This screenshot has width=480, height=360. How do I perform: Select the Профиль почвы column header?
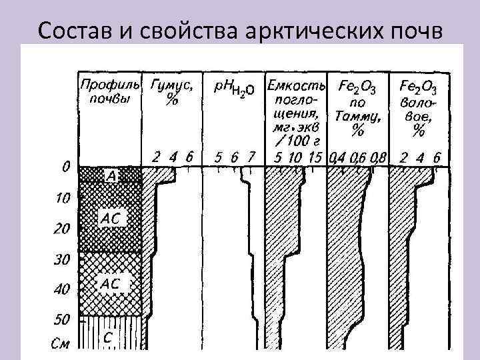(110, 92)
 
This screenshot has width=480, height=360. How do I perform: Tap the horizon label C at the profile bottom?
(107, 337)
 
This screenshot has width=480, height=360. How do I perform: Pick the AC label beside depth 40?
(111, 284)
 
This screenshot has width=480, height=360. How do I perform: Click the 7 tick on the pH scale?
(251, 158)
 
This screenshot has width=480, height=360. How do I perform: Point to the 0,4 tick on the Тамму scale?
(335, 158)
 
